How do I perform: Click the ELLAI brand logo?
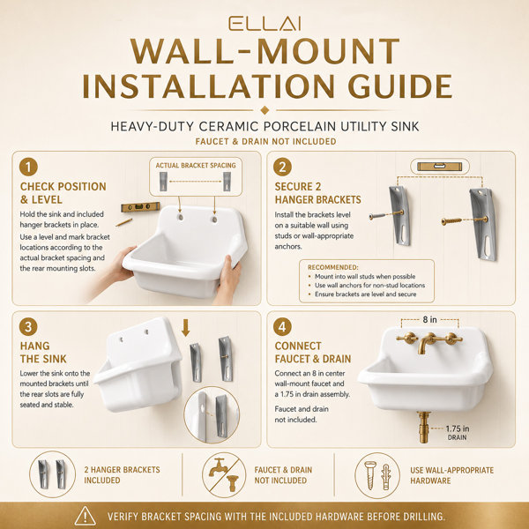(264, 24)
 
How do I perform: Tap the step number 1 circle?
(28, 167)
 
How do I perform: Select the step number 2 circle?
(283, 167)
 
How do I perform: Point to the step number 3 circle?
(28, 327)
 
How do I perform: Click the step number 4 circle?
(283, 327)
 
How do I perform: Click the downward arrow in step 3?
(185, 328)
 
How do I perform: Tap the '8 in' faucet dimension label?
(430, 319)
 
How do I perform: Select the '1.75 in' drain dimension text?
(458, 428)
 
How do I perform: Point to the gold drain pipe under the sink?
(423, 427)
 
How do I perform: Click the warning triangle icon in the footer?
(86, 516)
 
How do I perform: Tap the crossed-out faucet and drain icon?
(224, 475)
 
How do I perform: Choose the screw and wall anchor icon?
(377, 475)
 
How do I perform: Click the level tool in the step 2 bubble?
(440, 167)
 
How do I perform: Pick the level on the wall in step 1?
(140, 207)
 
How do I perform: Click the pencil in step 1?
(123, 222)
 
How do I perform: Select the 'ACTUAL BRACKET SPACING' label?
(196, 166)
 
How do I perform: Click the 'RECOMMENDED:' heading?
(333, 267)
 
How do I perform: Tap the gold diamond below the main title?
(264, 110)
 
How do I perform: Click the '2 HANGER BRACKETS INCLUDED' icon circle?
(52, 474)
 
